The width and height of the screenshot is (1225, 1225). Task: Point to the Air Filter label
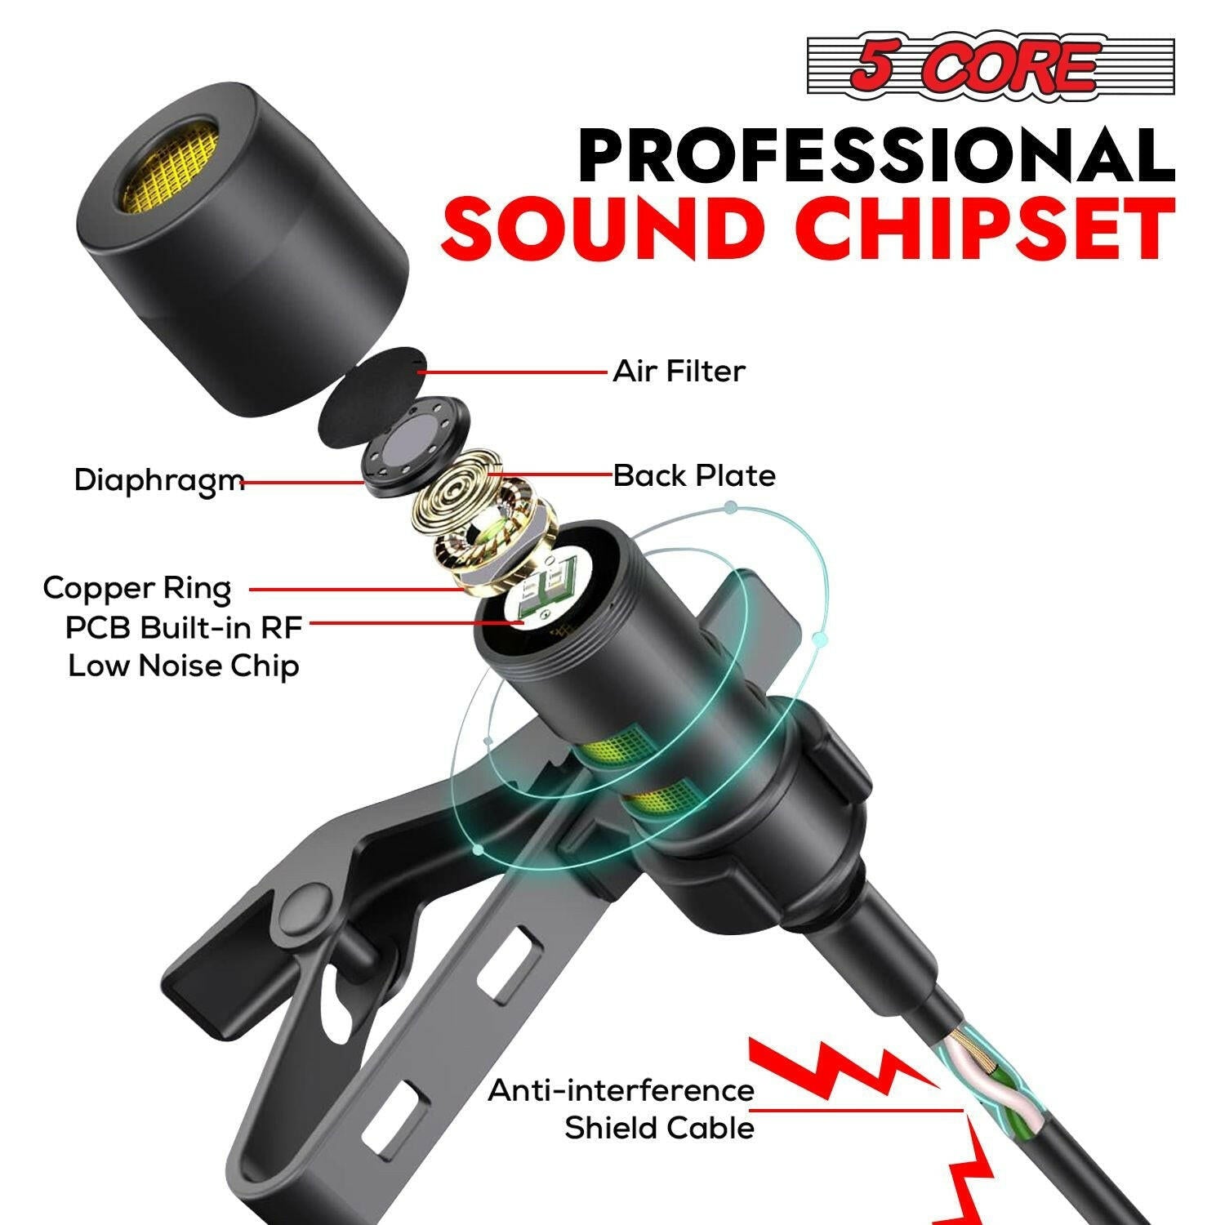(x=679, y=372)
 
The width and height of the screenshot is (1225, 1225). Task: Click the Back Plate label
(x=694, y=475)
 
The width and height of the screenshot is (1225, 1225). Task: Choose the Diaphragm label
(x=159, y=480)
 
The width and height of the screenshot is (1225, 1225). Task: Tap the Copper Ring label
(x=137, y=588)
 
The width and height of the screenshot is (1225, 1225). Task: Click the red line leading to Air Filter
(x=514, y=372)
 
